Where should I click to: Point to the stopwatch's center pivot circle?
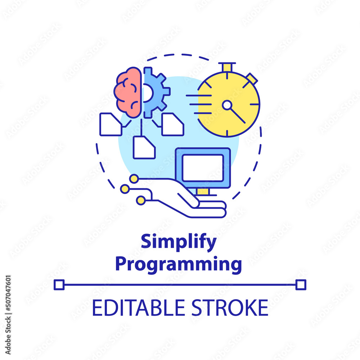point(227,105)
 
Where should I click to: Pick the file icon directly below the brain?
point(144,147)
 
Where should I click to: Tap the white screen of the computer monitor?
point(203,168)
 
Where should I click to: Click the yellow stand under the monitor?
point(203,191)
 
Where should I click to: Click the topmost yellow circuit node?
point(134,179)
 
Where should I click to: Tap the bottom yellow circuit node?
point(141,201)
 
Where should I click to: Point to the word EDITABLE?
point(136,307)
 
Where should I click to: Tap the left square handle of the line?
point(59,285)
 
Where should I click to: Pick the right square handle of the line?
point(301,285)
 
